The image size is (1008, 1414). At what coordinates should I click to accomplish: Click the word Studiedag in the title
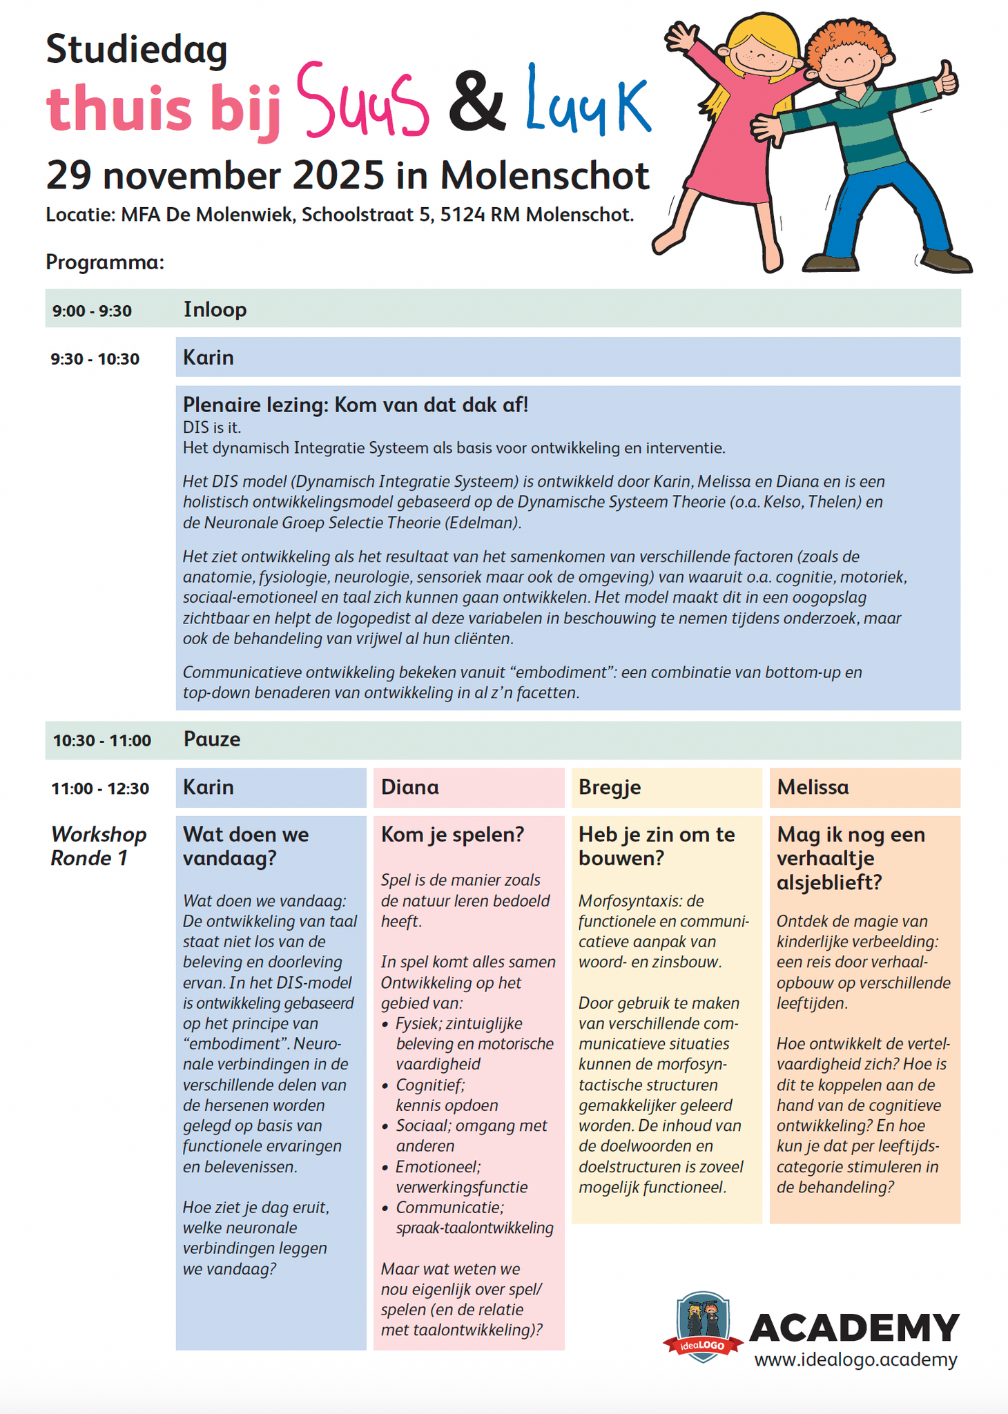point(137,50)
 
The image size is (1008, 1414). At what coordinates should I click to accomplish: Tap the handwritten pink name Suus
point(362,102)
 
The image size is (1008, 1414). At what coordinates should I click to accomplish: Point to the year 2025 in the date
point(338,175)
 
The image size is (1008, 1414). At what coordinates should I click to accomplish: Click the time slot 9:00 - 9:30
point(92,311)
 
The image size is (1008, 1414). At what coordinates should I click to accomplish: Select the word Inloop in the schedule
point(215,309)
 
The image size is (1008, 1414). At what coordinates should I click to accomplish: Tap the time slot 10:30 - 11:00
point(102,741)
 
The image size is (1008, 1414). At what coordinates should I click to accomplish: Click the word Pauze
point(212,739)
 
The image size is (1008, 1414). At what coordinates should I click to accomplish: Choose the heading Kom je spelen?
point(453,835)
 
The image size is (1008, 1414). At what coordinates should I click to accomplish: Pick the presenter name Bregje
point(610,788)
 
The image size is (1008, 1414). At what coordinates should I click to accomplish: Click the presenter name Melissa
point(813,788)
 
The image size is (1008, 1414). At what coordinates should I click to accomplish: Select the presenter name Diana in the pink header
point(410,788)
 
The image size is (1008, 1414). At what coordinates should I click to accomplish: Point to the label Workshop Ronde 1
point(98,846)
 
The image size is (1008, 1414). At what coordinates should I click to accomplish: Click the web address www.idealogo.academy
point(855,1359)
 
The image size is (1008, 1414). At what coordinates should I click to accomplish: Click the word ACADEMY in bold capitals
point(854,1327)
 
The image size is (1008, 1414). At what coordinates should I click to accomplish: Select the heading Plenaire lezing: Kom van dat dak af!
point(355,405)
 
